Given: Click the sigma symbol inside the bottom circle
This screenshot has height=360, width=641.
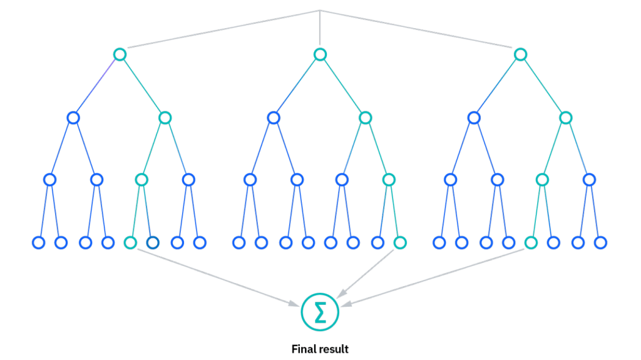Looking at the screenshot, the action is pos(320,312).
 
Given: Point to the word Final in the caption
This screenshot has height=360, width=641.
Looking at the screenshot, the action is pos(302,349).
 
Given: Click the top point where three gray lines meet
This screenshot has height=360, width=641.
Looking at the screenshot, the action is pos(320,10).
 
